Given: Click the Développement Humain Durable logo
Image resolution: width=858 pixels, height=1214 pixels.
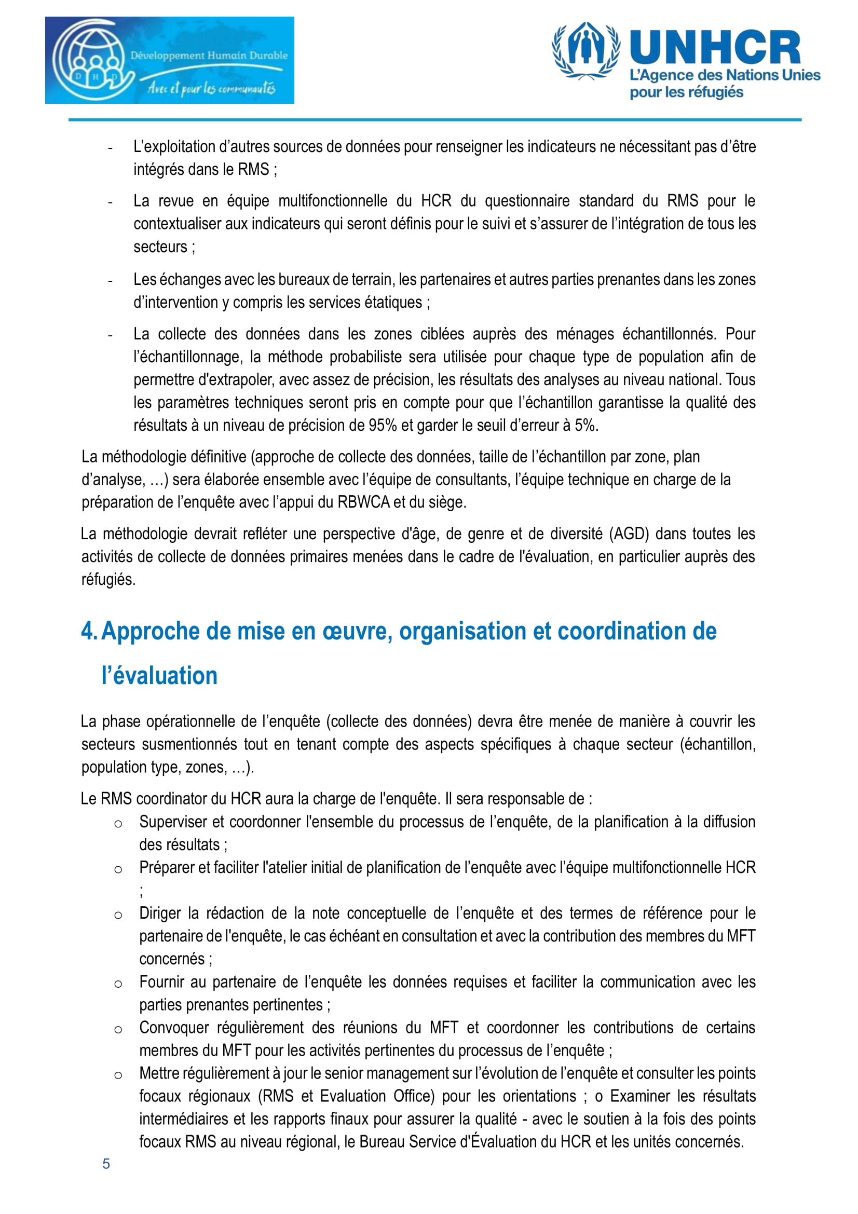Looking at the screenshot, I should (169, 60).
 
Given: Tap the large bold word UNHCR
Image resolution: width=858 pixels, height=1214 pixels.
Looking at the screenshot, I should (715, 48).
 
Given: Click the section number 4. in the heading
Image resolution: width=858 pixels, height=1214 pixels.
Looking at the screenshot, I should (89, 631).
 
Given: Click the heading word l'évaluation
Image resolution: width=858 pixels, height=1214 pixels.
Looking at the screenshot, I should (159, 676).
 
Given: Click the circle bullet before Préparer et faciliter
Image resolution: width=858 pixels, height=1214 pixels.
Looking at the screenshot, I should (118, 869).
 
